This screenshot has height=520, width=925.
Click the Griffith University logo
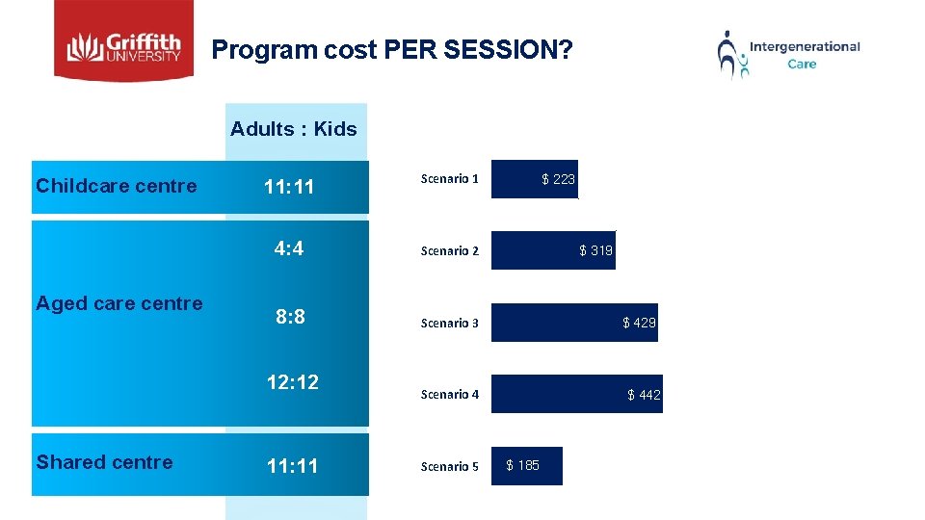[123, 40]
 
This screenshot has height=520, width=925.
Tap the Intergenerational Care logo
[789, 54]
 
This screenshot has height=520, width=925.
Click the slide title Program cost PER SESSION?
[391, 49]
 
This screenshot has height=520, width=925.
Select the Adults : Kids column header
[293, 129]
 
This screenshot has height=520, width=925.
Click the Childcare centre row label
[116, 186]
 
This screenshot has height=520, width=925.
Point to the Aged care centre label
[119, 303]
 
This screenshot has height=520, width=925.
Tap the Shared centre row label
[104, 462]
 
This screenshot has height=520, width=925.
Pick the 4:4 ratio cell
[289, 249]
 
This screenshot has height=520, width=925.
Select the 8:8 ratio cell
[290, 317]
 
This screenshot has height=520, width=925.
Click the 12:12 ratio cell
[292, 382]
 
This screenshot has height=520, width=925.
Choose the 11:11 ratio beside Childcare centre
[289, 187]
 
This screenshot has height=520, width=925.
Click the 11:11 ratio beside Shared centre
[292, 467]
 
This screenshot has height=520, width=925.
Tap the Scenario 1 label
[449, 179]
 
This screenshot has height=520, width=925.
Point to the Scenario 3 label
[449, 324]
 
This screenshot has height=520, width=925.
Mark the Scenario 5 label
[449, 467]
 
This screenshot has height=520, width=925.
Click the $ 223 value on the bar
[558, 179]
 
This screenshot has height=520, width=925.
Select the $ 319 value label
[595, 251]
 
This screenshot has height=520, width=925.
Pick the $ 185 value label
[523, 466]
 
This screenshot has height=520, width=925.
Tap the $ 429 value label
[639, 324]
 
